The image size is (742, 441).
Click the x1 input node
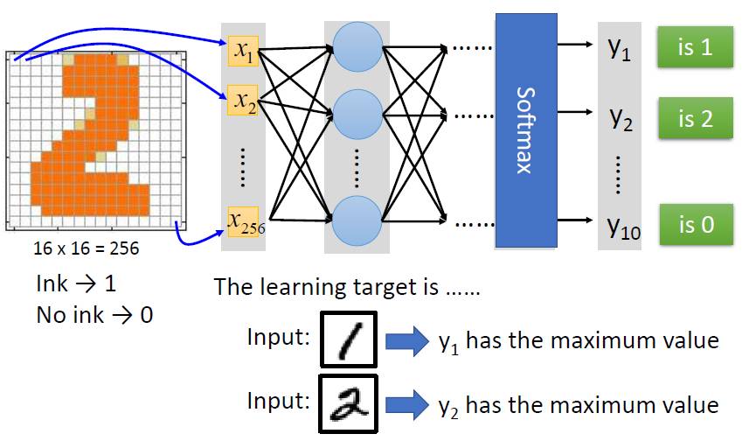coord(242,52)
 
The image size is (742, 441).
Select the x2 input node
coord(242,104)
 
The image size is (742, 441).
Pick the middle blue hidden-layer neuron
coord(358,113)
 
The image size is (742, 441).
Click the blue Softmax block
coord(525,129)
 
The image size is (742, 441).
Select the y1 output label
coord(619,48)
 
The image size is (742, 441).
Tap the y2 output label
coord(621,118)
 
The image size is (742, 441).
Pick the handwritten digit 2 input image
coord(347,403)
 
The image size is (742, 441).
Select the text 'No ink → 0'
coord(94,315)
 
